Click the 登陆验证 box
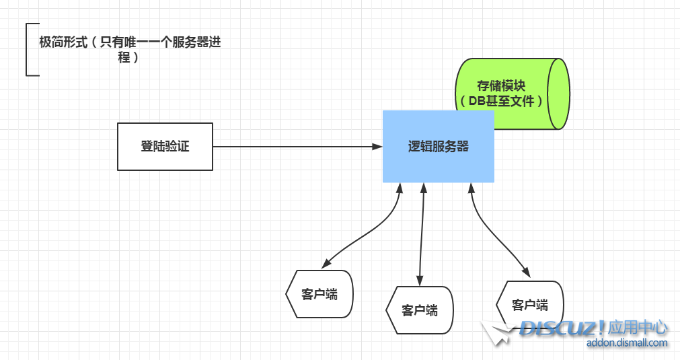click(x=165, y=146)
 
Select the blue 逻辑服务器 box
click(x=439, y=147)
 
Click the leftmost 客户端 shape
click(x=319, y=294)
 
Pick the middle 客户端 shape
click(x=420, y=310)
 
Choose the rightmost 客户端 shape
click(x=529, y=305)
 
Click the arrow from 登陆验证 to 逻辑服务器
click(x=289, y=146)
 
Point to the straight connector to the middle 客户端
click(x=422, y=229)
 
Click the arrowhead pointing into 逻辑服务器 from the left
click(x=377, y=146)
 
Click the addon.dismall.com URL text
click(x=627, y=343)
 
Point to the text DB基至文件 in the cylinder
click(x=501, y=101)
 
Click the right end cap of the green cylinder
click(x=558, y=94)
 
